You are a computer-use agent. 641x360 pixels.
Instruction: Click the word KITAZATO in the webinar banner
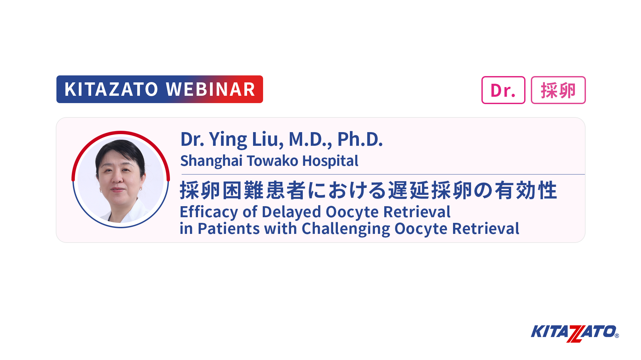(x=111, y=89)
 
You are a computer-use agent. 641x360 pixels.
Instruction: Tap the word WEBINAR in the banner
(x=211, y=89)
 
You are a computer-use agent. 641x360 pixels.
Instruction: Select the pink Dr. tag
(x=503, y=90)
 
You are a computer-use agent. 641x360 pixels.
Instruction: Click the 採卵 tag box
(x=558, y=90)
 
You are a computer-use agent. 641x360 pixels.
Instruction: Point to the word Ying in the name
(x=228, y=140)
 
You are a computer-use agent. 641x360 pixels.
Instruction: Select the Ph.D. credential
(x=360, y=139)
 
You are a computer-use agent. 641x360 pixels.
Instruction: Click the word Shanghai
(x=211, y=161)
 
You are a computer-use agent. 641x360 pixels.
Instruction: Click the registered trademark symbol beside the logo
(x=617, y=336)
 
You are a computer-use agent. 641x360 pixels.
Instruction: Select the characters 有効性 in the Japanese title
(x=526, y=191)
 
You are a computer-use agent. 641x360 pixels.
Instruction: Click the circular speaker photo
(x=121, y=179)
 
